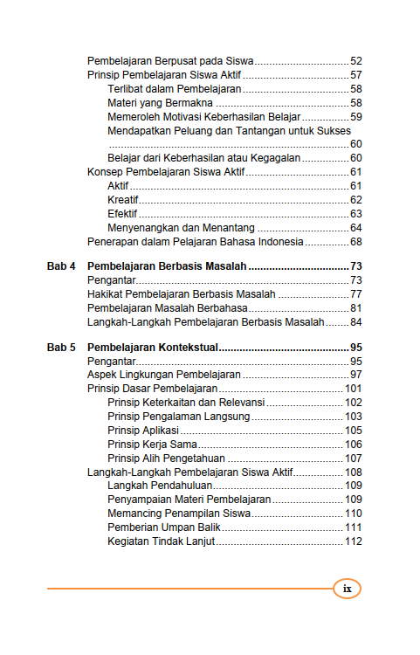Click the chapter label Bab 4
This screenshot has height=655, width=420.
coord(61,265)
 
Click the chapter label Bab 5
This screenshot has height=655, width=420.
coord(61,347)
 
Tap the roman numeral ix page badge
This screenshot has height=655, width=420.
coord(347,589)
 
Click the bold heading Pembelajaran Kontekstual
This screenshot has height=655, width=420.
coord(153,347)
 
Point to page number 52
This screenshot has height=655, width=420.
coord(355,61)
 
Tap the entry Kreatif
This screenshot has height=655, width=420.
coord(123,200)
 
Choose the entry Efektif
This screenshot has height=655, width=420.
coord(123,214)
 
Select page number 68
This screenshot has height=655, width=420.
coord(355,242)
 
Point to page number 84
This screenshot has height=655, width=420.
coord(355,321)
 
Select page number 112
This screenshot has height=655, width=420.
coord(353,542)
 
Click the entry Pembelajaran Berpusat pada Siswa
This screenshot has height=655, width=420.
coord(170,61)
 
